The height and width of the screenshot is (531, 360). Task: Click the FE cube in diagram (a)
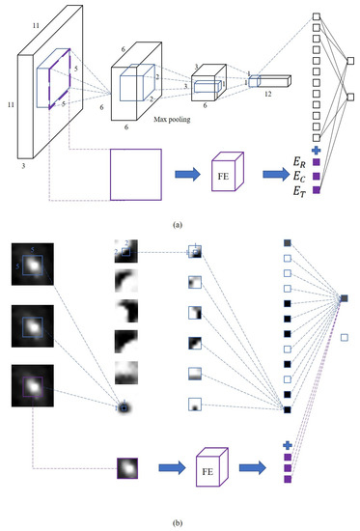pyautogui.click(x=228, y=174)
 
